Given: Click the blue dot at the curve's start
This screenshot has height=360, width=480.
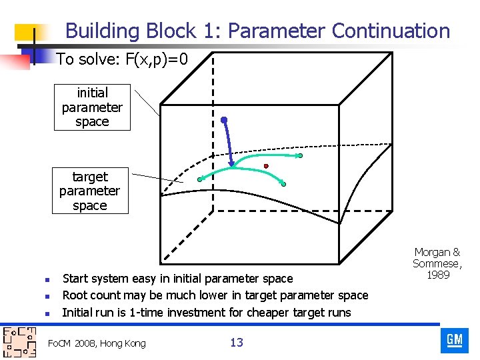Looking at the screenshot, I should (225, 120).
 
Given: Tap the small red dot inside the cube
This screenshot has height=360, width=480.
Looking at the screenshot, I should (266, 166).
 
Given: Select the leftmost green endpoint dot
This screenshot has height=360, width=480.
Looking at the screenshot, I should (200, 179).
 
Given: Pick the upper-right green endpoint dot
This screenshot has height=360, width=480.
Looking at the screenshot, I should (300, 156).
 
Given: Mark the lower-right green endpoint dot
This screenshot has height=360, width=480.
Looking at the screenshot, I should (283, 184).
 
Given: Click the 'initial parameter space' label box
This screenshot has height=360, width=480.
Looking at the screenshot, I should (92, 107).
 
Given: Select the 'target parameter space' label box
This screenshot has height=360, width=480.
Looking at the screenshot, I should (89, 191).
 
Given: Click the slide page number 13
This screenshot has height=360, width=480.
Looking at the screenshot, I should (236, 343).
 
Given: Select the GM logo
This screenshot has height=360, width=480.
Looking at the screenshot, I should (454, 340).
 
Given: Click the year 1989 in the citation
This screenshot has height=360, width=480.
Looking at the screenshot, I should (437, 275).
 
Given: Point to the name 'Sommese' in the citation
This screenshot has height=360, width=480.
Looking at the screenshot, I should (437, 263).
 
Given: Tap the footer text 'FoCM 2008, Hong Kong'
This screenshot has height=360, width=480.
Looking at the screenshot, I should (97, 343).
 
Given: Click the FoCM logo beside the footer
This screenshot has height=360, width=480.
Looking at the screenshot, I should (19, 343).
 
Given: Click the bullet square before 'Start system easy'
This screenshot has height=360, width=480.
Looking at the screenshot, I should (41, 279).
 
